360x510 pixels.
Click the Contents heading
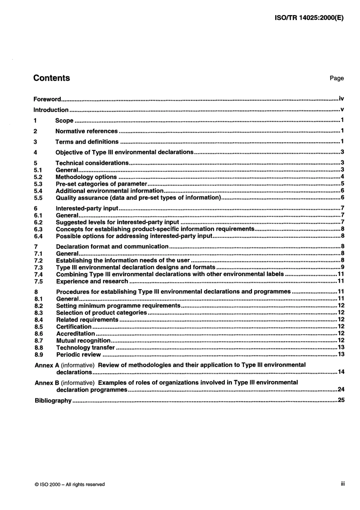click(x=52, y=78)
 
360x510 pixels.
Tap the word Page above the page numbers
click(x=337, y=78)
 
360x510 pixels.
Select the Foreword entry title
click(x=47, y=99)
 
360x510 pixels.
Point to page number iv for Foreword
click(x=341, y=99)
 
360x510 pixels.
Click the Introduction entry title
click(x=51, y=110)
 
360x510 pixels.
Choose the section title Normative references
click(x=86, y=131)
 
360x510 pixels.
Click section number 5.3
click(x=38, y=184)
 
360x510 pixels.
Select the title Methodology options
click(x=86, y=177)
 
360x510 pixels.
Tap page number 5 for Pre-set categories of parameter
click(x=342, y=184)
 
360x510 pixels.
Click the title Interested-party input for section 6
click(x=87, y=208)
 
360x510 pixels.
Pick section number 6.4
click(x=38, y=236)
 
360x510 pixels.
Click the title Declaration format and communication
click(x=112, y=246)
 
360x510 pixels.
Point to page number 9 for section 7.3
click(x=342, y=267)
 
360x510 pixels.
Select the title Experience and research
click(x=92, y=281)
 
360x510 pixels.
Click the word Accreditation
click(x=75, y=334)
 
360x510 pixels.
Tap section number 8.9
click(x=39, y=355)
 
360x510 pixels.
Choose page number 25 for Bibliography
click(x=341, y=400)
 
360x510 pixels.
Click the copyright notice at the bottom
click(x=69, y=484)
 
